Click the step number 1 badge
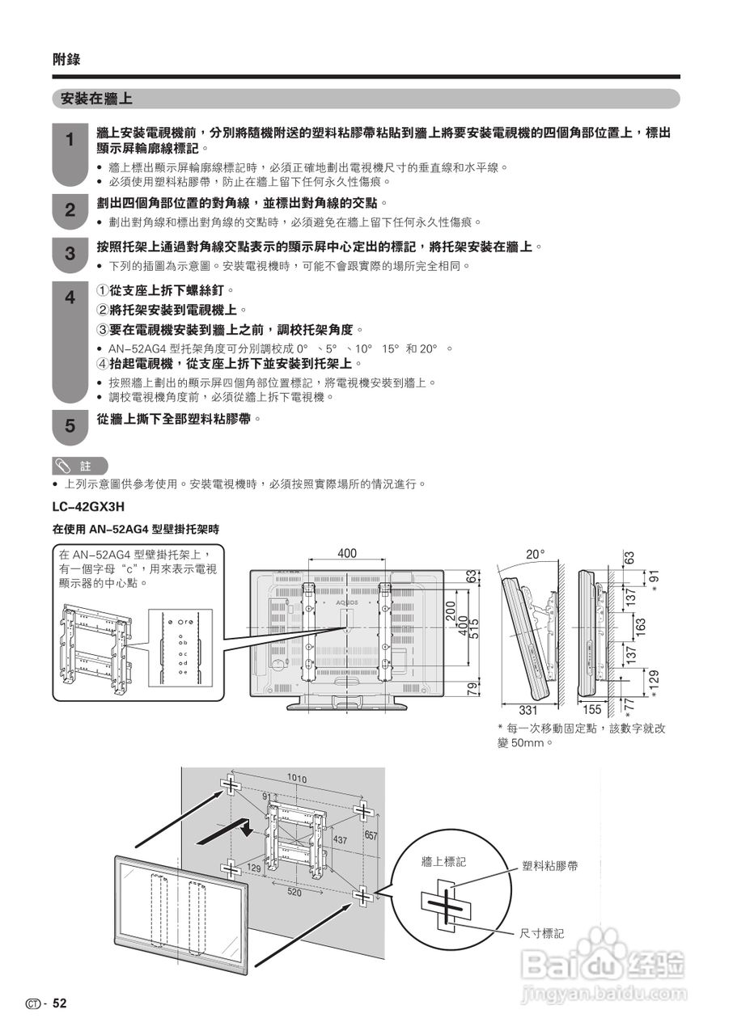pos(70,140)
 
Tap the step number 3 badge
pos(70,254)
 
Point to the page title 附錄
pos(66,59)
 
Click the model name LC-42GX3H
pos(89,507)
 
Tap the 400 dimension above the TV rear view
pos(346,554)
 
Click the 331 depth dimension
pos(528,711)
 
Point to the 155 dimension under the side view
pos(592,711)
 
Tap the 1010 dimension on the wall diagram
pos(297,779)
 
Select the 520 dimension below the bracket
pos(294,892)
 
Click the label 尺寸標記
pos(542,933)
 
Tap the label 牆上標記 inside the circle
pos(443,862)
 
